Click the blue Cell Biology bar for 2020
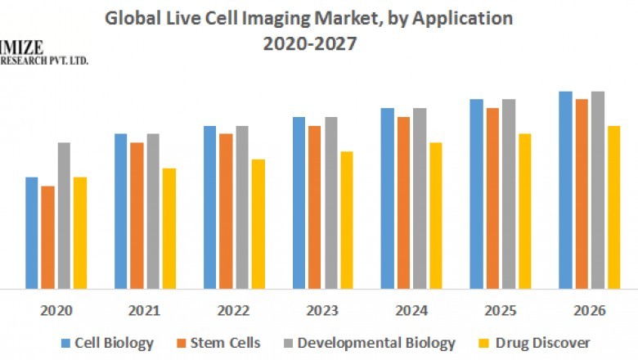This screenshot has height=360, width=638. (x=32, y=232)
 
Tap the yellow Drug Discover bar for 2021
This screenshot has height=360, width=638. (x=168, y=228)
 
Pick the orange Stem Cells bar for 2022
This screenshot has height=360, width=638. (x=226, y=211)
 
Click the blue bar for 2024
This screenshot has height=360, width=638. (x=387, y=198)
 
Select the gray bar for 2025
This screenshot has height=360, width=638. (x=509, y=194)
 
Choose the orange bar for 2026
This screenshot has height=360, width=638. (x=582, y=194)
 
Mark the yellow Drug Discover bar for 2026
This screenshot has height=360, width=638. (x=613, y=207)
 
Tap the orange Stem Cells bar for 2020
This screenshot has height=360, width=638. (x=48, y=237)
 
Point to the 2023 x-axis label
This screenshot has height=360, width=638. (x=323, y=312)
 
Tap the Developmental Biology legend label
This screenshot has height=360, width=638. (x=376, y=343)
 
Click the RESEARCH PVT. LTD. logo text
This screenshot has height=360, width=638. (x=44, y=61)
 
